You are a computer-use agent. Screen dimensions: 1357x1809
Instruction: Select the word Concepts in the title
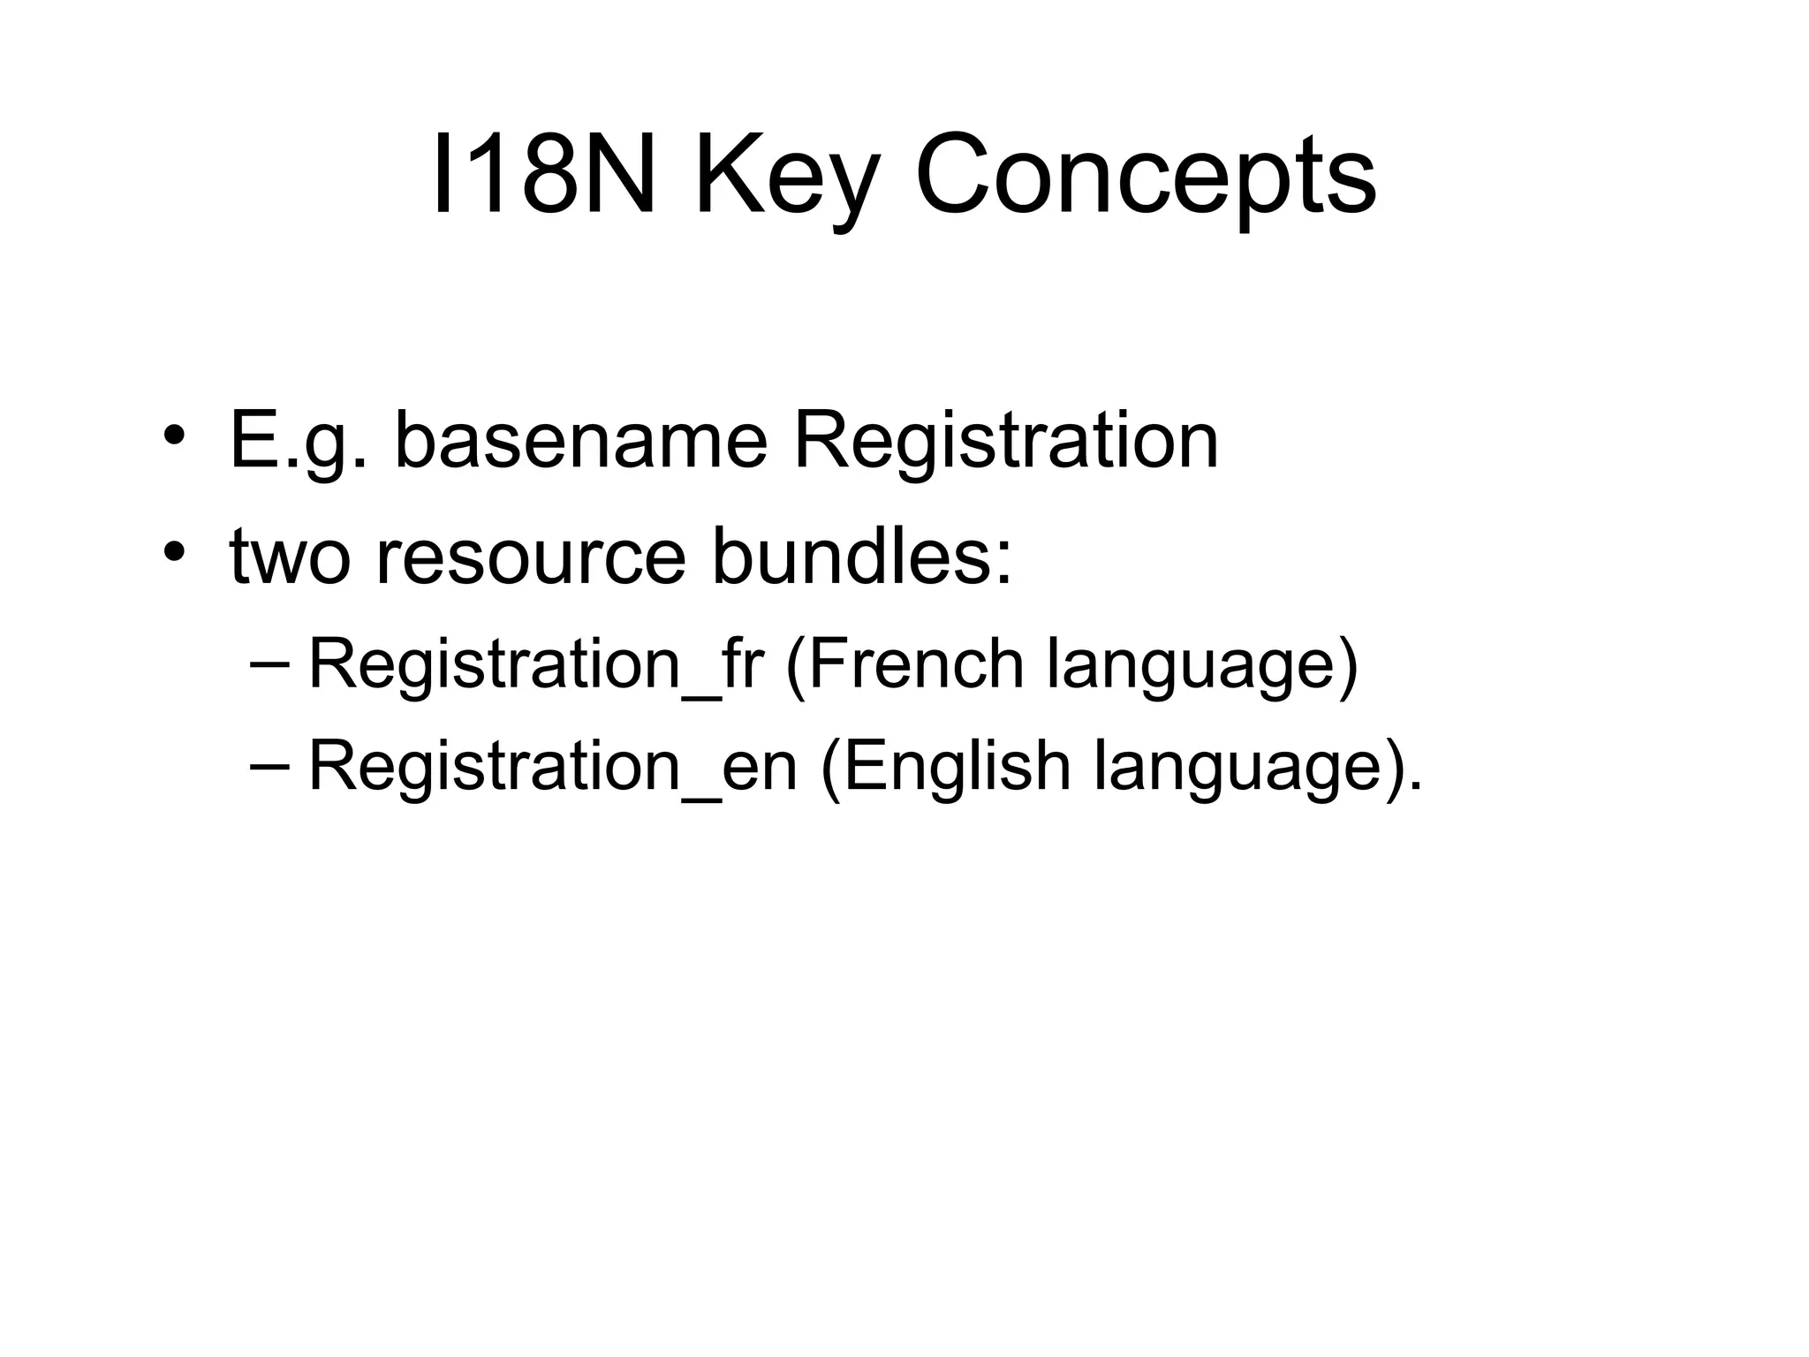pyautogui.click(x=1145, y=177)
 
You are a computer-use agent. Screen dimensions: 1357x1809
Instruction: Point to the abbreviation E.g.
pyautogui.click(x=298, y=442)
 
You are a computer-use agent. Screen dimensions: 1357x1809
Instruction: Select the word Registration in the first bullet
pyautogui.click(x=1006, y=442)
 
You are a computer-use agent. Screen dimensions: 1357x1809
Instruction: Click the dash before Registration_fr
pyautogui.click(x=275, y=663)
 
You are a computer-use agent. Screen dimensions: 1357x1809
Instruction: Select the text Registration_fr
pyautogui.click(x=535, y=665)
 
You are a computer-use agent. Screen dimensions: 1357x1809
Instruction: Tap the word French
pyautogui.click(x=914, y=663)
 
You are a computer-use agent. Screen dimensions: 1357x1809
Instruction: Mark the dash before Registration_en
pyautogui.click(x=275, y=765)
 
